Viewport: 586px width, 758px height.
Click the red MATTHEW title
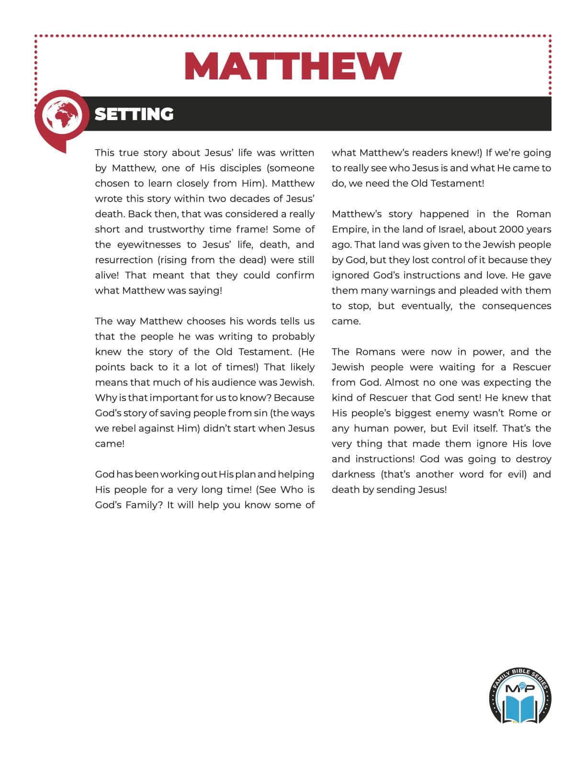click(x=293, y=66)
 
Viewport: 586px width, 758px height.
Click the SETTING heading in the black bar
click(x=134, y=114)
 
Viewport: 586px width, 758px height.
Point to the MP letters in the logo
click(x=520, y=688)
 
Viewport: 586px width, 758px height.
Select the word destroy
click(x=533, y=459)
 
